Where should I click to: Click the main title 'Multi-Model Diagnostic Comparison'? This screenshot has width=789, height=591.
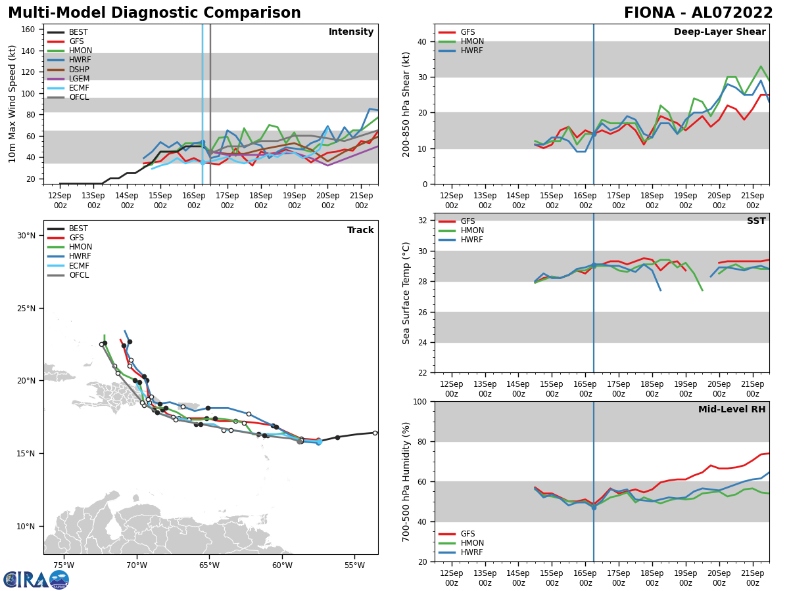click(x=155, y=13)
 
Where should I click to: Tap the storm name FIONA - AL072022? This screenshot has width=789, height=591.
click(x=698, y=13)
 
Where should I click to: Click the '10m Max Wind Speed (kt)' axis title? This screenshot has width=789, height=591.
click(x=12, y=104)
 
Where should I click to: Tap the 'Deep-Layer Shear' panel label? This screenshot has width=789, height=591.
click(x=719, y=32)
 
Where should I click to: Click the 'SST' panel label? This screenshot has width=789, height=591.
click(x=755, y=221)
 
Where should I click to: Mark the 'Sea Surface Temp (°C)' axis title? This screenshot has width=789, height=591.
click(x=406, y=293)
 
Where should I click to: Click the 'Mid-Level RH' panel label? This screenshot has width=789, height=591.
click(x=732, y=410)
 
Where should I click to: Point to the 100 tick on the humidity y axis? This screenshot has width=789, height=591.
click(x=418, y=401)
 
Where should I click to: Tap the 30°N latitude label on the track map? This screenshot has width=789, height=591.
click(x=26, y=236)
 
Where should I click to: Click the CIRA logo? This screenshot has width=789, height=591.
click(x=36, y=579)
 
